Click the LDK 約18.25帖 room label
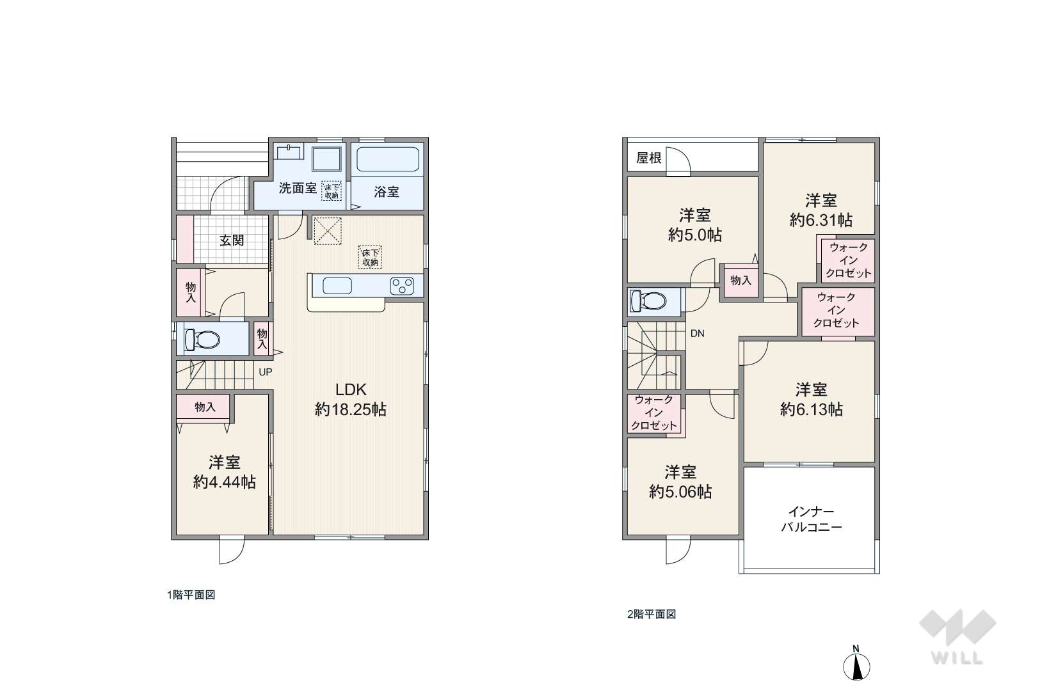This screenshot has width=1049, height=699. pos(350,400)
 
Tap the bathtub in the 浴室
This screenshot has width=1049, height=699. pos(387,159)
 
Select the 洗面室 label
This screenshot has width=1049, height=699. pos(298,188)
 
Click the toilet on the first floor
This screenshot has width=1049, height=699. pos(202,339)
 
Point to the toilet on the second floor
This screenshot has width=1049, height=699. pos(648,301)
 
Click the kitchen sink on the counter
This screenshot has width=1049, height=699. pos(337,285)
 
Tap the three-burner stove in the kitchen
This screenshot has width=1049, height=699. pos(402,286)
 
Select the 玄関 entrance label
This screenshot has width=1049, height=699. pos(232,240)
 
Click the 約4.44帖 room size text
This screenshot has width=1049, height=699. pos(224,482)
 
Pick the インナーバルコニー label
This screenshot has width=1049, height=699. pos(812,519)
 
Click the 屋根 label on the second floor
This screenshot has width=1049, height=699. pos(648,158)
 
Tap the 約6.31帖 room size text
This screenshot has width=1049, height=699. pos(821,220)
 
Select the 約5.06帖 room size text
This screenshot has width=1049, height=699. pos(680,492)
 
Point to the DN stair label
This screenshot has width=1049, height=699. pos(697,334)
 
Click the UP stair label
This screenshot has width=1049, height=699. pos(266,372)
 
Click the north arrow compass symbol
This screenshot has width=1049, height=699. pos(856,664)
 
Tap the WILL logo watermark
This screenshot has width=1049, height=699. pos(957,636)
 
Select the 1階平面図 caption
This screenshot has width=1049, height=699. pos(191,595)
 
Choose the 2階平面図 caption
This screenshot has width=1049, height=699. pos(652,615)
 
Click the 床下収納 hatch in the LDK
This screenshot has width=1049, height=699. pos(370,257)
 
